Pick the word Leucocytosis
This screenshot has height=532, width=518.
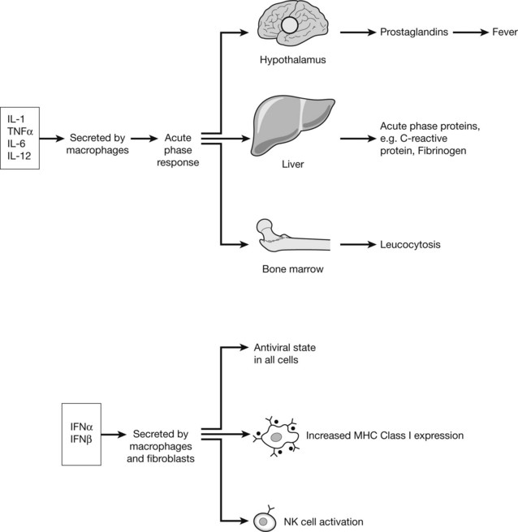coord(409,244)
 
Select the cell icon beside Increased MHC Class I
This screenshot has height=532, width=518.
coord(275,435)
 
